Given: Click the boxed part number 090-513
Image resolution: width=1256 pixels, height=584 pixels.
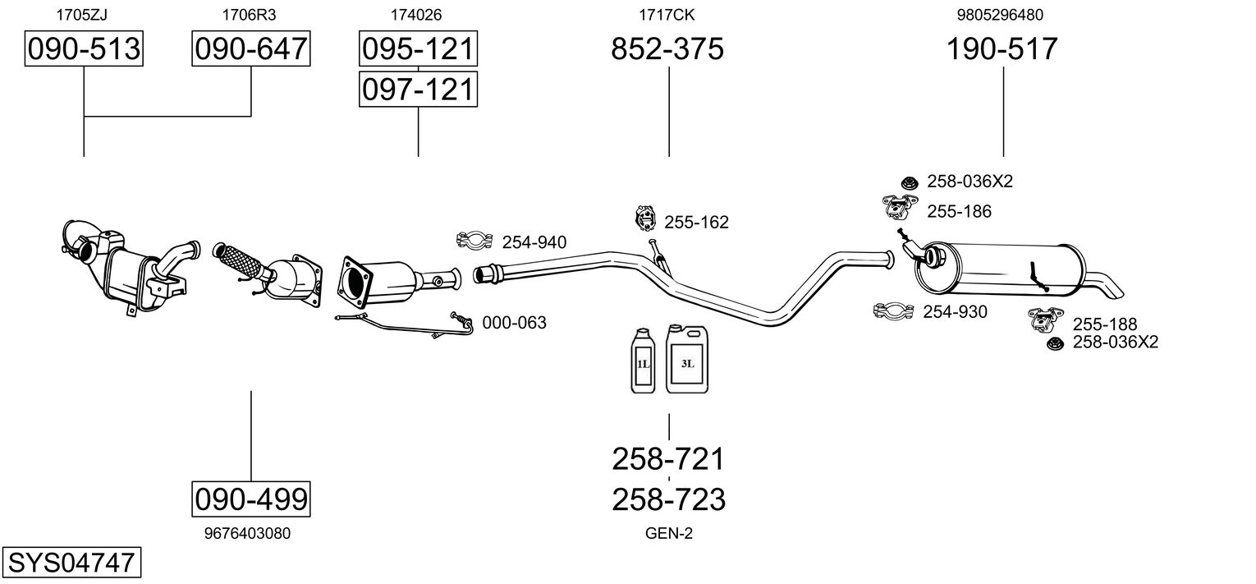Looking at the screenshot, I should pyautogui.click(x=84, y=49).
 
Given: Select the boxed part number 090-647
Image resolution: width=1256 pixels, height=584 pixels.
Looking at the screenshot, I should pyautogui.click(x=251, y=49).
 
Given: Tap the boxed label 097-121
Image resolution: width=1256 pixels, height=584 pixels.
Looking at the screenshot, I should pyautogui.click(x=418, y=89).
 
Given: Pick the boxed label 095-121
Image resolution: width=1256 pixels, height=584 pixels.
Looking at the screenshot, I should pyautogui.click(x=418, y=49).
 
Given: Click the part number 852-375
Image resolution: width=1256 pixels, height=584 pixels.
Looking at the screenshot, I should pyautogui.click(x=667, y=49).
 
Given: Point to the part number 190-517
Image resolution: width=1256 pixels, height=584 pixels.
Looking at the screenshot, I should pyautogui.click(x=1002, y=49).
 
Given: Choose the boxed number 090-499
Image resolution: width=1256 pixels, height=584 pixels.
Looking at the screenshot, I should pyautogui.click(x=251, y=498).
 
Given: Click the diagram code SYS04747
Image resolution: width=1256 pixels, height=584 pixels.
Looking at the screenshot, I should pyautogui.click(x=71, y=563).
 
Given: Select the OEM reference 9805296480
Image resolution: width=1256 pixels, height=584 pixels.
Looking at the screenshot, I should pyautogui.click(x=1000, y=14).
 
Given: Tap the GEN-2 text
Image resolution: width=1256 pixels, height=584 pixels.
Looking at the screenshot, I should pyautogui.click(x=669, y=534).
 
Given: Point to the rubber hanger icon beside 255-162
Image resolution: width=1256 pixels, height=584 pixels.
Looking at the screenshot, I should pyautogui.click(x=647, y=219).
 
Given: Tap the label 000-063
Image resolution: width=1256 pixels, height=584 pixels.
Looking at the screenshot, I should pyautogui.click(x=514, y=323).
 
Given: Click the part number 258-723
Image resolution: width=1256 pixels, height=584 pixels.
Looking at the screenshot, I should pyautogui.click(x=668, y=499).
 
